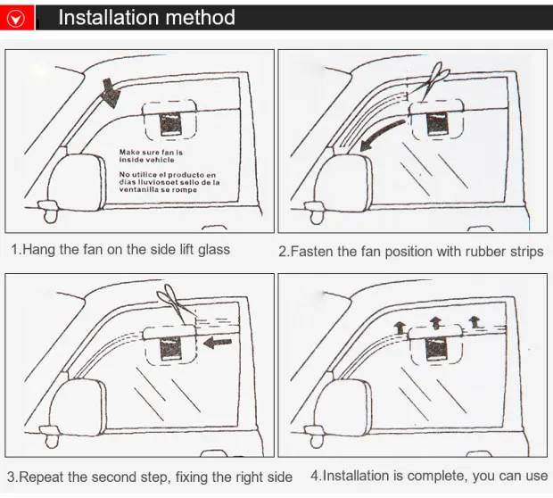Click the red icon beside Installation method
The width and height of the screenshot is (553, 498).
pyautogui.click(x=17, y=17)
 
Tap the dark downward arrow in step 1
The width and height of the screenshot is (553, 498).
pyautogui.click(x=111, y=93)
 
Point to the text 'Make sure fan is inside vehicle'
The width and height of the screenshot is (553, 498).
pyautogui.click(x=151, y=156)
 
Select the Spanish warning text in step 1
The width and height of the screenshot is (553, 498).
pyautogui.click(x=169, y=182)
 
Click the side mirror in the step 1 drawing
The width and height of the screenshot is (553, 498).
pyautogui.click(x=77, y=182)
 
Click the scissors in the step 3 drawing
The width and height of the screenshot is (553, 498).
pyautogui.click(x=176, y=303)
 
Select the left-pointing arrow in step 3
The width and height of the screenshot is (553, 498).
pyautogui.click(x=218, y=343)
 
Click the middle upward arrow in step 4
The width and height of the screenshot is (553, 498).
pyautogui.click(x=436, y=323)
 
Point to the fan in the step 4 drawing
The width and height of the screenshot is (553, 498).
pyautogui.click(x=436, y=344)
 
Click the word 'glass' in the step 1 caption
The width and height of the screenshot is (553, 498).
pyautogui.click(x=214, y=250)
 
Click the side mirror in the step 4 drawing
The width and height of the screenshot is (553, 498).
pyautogui.click(x=343, y=407)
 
